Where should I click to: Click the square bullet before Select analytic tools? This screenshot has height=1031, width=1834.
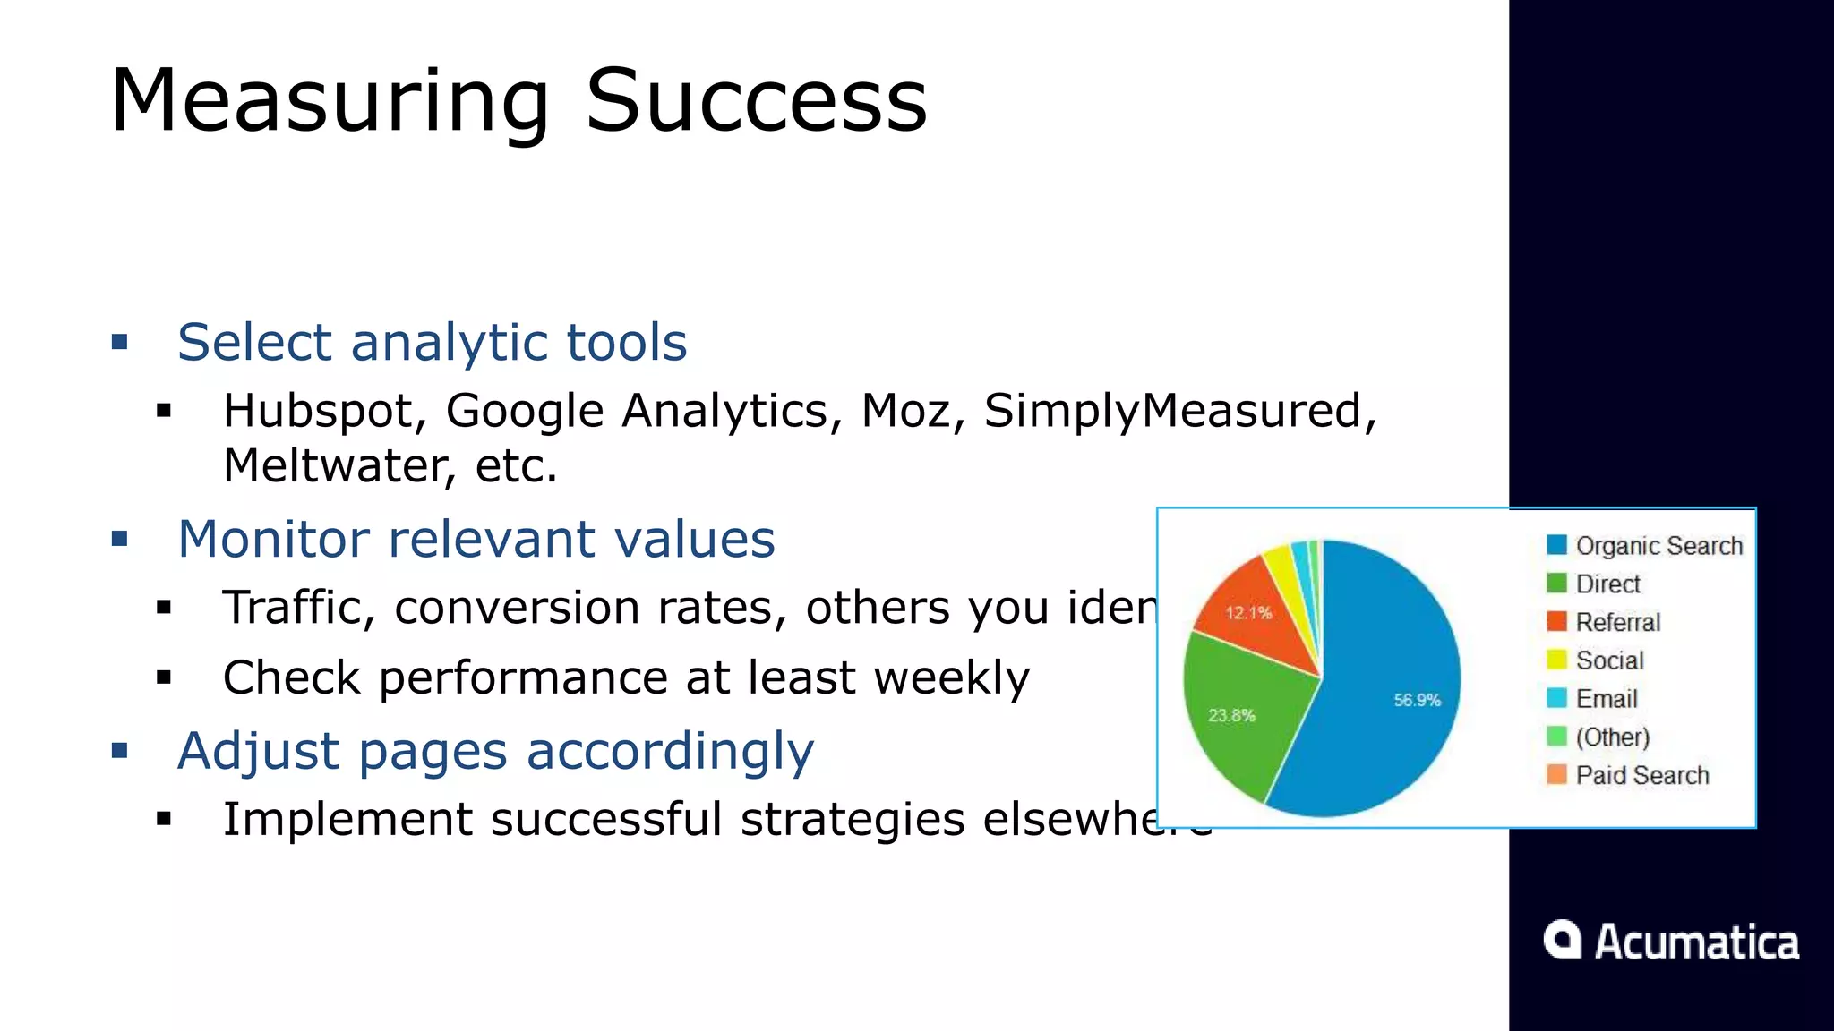[120, 342]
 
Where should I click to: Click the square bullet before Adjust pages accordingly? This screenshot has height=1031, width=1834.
[120, 750]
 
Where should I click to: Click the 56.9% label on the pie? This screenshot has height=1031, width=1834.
[1417, 700]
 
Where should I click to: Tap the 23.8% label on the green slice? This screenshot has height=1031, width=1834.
[1231, 715]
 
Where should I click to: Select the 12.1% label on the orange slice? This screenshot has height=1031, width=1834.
[1248, 613]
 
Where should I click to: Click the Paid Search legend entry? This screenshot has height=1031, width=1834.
[1641, 775]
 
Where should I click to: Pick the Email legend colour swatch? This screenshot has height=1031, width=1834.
[1556, 698]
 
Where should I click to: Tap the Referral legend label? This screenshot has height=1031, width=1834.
[1617, 622]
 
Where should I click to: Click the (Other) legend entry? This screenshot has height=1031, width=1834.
[1612, 737]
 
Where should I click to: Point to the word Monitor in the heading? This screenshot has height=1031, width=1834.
[273, 540]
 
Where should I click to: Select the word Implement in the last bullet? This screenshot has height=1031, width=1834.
[347, 819]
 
